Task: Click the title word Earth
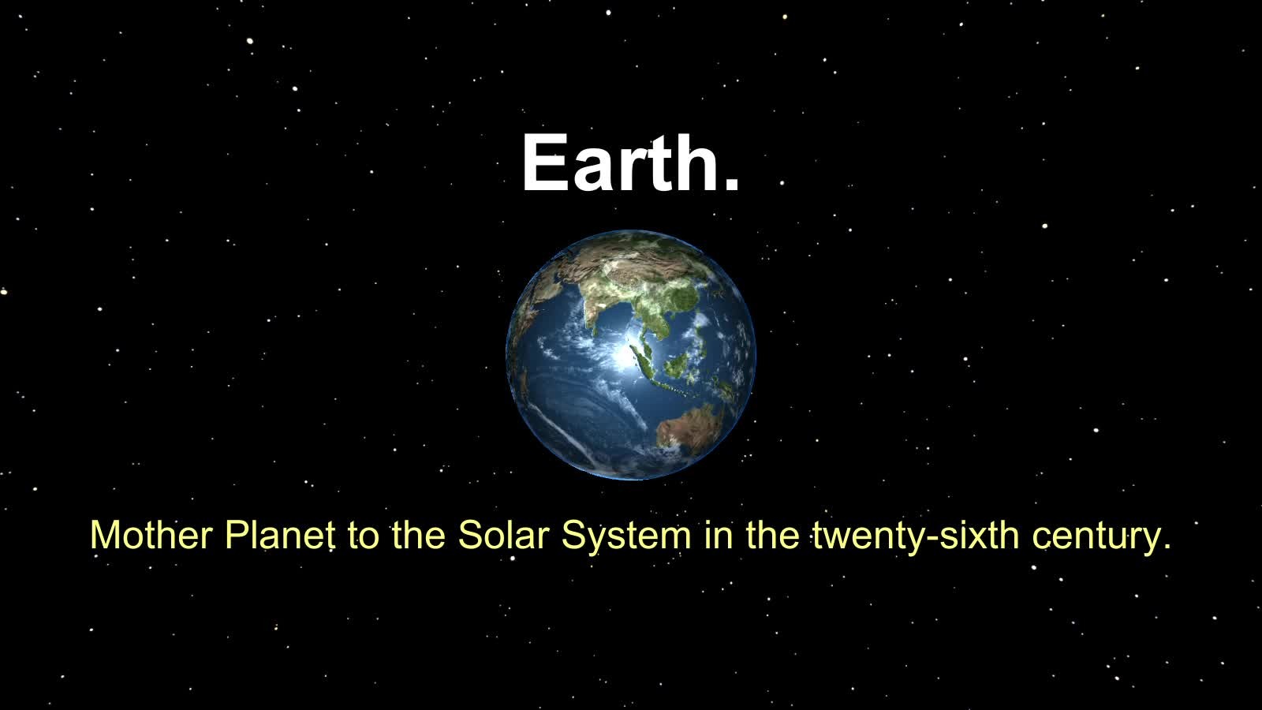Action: [x=621, y=163]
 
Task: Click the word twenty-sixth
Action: [x=916, y=536]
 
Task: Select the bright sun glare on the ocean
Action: [x=623, y=356]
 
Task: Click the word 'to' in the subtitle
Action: [x=364, y=536]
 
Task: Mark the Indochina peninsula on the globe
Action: [x=657, y=321]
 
